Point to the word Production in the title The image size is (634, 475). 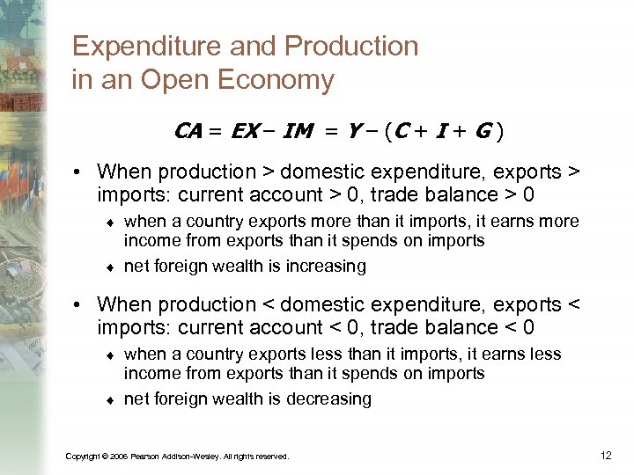pyautogui.click(x=347, y=47)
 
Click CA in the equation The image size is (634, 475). pyautogui.click(x=188, y=133)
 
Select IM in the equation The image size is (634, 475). pyautogui.click(x=300, y=133)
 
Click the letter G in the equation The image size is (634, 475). pyautogui.click(x=483, y=133)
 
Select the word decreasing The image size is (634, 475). pyautogui.click(x=329, y=398)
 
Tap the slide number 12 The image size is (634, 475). pyautogui.click(x=605, y=455)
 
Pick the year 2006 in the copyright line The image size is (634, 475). pyautogui.click(x=115, y=457)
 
